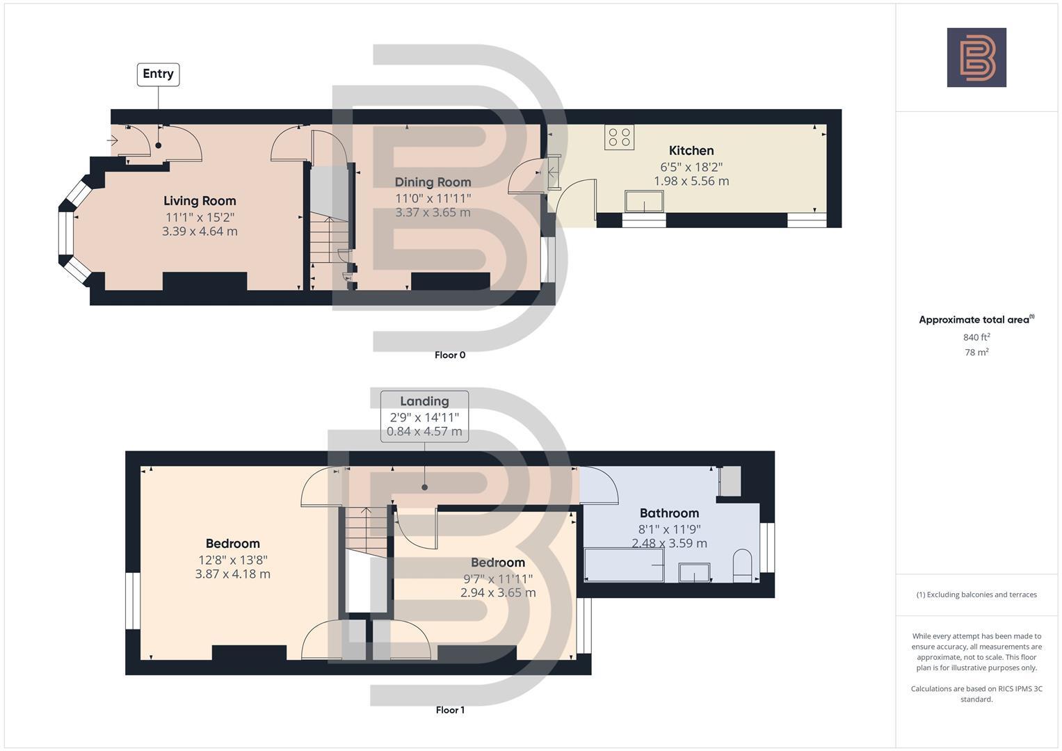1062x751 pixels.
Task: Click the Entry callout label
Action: (158, 74)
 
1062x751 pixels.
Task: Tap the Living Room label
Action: (200, 201)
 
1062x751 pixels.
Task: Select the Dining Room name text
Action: (433, 182)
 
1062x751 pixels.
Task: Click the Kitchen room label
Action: (691, 151)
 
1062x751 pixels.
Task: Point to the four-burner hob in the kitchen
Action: (619, 137)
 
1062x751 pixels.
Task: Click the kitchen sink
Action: (644, 202)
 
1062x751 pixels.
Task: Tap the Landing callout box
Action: (424, 416)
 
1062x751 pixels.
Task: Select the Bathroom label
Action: (668, 513)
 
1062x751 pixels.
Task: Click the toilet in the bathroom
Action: (743, 566)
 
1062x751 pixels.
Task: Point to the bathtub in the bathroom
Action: (624, 565)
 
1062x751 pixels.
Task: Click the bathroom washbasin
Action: (694, 572)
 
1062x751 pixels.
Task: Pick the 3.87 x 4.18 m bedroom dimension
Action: (232, 574)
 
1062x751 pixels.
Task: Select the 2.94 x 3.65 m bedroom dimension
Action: (498, 593)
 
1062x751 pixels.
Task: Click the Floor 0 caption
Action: (449, 355)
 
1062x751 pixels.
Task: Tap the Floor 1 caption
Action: (449, 710)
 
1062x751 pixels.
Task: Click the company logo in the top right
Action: (976, 58)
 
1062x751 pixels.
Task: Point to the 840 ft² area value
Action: (976, 337)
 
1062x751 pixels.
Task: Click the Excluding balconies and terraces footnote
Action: (976, 595)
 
